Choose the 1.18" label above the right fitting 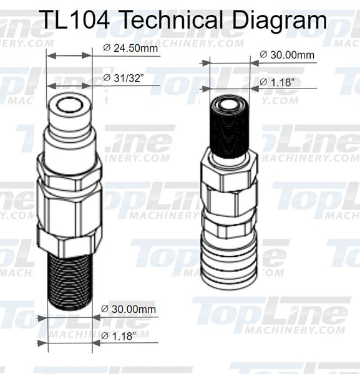[x=277, y=82]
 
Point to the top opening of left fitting [x=69, y=102]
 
